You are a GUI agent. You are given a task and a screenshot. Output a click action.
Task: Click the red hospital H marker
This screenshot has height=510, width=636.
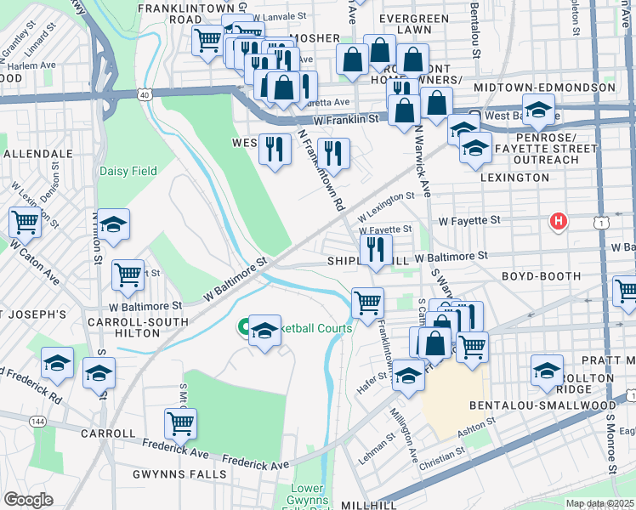[558, 222]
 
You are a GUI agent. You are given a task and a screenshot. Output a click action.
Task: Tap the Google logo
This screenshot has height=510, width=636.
[28, 500]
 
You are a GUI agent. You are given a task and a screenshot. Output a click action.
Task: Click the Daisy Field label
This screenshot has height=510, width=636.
[128, 171]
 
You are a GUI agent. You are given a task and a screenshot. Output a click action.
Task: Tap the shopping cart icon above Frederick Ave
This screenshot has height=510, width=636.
[180, 422]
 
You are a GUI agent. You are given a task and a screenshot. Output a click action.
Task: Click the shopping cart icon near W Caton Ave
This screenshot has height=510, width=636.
[26, 223]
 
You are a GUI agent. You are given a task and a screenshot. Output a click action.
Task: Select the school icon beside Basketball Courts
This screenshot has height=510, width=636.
[264, 330]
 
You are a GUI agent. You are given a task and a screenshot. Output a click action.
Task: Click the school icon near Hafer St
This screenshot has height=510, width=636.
[408, 375]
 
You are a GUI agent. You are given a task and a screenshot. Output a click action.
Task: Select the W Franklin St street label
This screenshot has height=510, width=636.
[344, 121]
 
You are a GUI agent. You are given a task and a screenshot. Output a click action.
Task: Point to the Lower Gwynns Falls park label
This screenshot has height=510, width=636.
[308, 495]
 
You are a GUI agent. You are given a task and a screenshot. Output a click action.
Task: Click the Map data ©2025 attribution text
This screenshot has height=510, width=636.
[599, 503]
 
